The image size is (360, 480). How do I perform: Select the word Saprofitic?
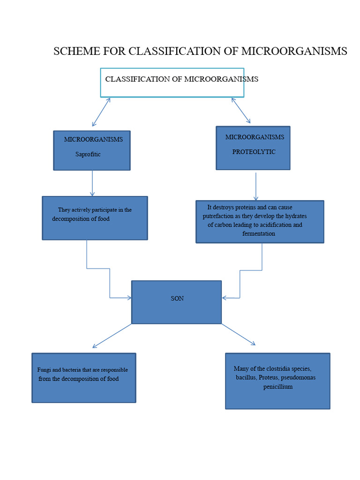pos(88,154)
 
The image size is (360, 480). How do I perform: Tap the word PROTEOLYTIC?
pos(254,152)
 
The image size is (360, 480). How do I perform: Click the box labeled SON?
pos(176,302)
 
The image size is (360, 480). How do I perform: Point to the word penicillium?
pos(277,387)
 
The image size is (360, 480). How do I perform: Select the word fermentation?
pos(259,233)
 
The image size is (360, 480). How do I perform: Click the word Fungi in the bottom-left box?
pos(44,370)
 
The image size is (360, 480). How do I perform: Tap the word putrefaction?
pos(218,216)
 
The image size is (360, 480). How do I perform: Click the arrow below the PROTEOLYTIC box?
pos(256,187)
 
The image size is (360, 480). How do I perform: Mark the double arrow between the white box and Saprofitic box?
pos(101,112)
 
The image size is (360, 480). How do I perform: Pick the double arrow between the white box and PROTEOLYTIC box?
pos(241,110)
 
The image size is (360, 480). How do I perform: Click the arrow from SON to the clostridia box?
pos(239,335)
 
